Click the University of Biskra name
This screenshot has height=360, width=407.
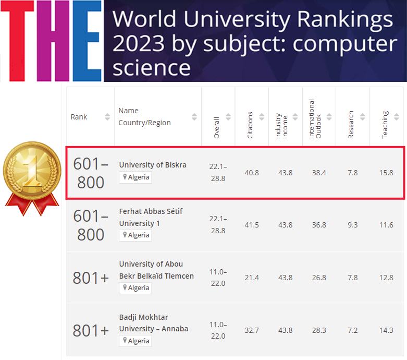(153, 165)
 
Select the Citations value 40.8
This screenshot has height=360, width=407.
(252, 173)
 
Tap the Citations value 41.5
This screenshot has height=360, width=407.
(252, 225)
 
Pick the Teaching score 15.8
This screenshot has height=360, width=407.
(386, 173)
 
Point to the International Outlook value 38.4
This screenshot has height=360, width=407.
(319, 173)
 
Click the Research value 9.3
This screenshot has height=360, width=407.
(353, 225)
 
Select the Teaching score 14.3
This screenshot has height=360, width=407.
(386, 330)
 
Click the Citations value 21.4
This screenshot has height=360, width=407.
(252, 278)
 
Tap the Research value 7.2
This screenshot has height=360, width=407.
(353, 330)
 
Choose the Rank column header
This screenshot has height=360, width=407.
(79, 117)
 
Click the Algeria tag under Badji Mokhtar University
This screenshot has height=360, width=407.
(135, 341)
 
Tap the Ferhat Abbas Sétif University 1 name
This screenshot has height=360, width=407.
(151, 217)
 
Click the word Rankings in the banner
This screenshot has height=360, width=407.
(346, 20)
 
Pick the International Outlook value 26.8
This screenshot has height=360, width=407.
(319, 278)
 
